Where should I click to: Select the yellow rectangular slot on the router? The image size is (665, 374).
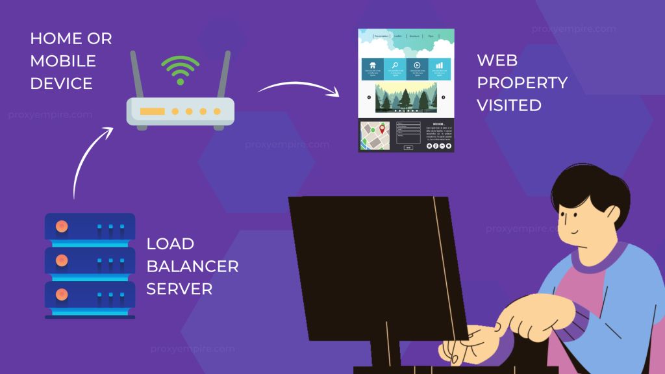click(152, 112)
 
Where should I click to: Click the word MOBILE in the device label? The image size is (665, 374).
click(62, 61)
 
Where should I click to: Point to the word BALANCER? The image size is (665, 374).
click(192, 266)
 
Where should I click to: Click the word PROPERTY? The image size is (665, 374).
click(522, 82)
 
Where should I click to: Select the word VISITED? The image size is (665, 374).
click(509, 105)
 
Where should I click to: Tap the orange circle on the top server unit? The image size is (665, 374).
click(62, 227)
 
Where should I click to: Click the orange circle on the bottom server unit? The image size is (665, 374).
click(62, 294)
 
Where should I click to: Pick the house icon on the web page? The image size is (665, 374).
click(373, 66)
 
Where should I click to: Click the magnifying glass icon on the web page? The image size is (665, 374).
click(395, 66)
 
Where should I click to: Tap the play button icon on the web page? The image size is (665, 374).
click(417, 66)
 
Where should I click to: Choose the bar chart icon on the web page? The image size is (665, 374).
click(440, 66)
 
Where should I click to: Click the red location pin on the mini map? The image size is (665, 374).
click(382, 130)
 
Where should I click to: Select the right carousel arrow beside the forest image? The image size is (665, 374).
click(444, 97)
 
